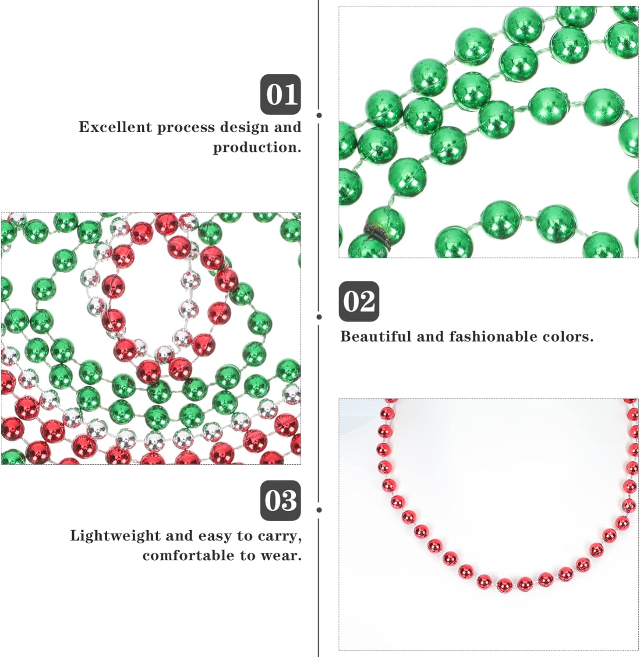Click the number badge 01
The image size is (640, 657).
coord(280,94)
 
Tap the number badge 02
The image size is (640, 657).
coord(359,301)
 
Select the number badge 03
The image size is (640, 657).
coord(280,500)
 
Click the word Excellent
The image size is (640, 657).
coord(115,127)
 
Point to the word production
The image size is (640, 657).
coord(257,147)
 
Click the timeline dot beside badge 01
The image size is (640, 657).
coord(319,115)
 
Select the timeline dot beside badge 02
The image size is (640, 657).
coord(319,317)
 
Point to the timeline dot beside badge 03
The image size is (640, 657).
coord(319,510)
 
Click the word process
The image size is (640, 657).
coord(186,127)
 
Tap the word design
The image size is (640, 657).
coord(244,127)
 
